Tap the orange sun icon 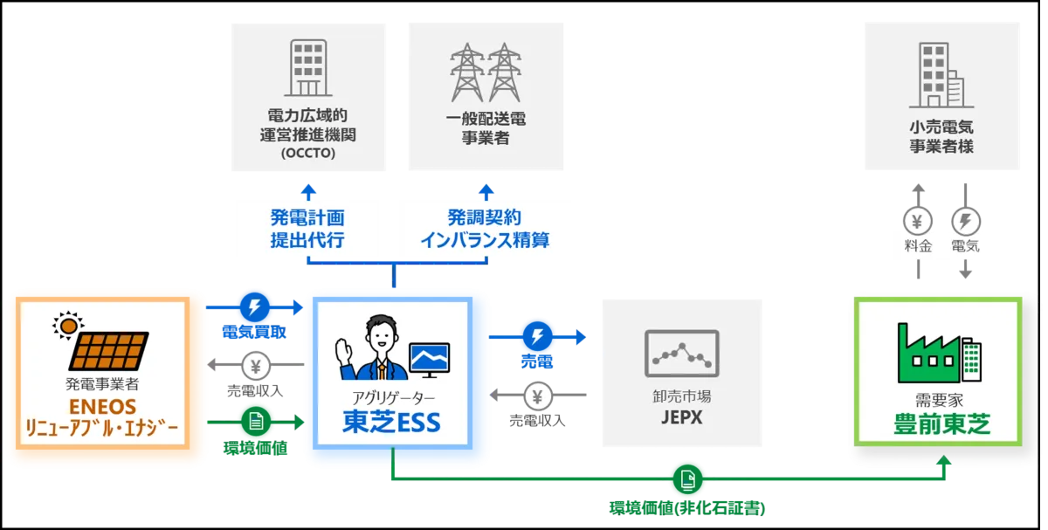tap(65, 326)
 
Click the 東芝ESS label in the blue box tap(391, 423)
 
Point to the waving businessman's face tap(378, 334)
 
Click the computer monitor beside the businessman tap(429, 359)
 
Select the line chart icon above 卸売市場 tap(681, 352)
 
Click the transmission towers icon tap(486, 72)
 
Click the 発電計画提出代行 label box tap(314, 228)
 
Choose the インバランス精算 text tap(485, 240)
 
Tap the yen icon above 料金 tap(918, 220)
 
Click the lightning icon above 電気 tap(966, 220)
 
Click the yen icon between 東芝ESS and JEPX tap(538, 397)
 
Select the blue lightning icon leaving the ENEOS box tap(254, 307)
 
